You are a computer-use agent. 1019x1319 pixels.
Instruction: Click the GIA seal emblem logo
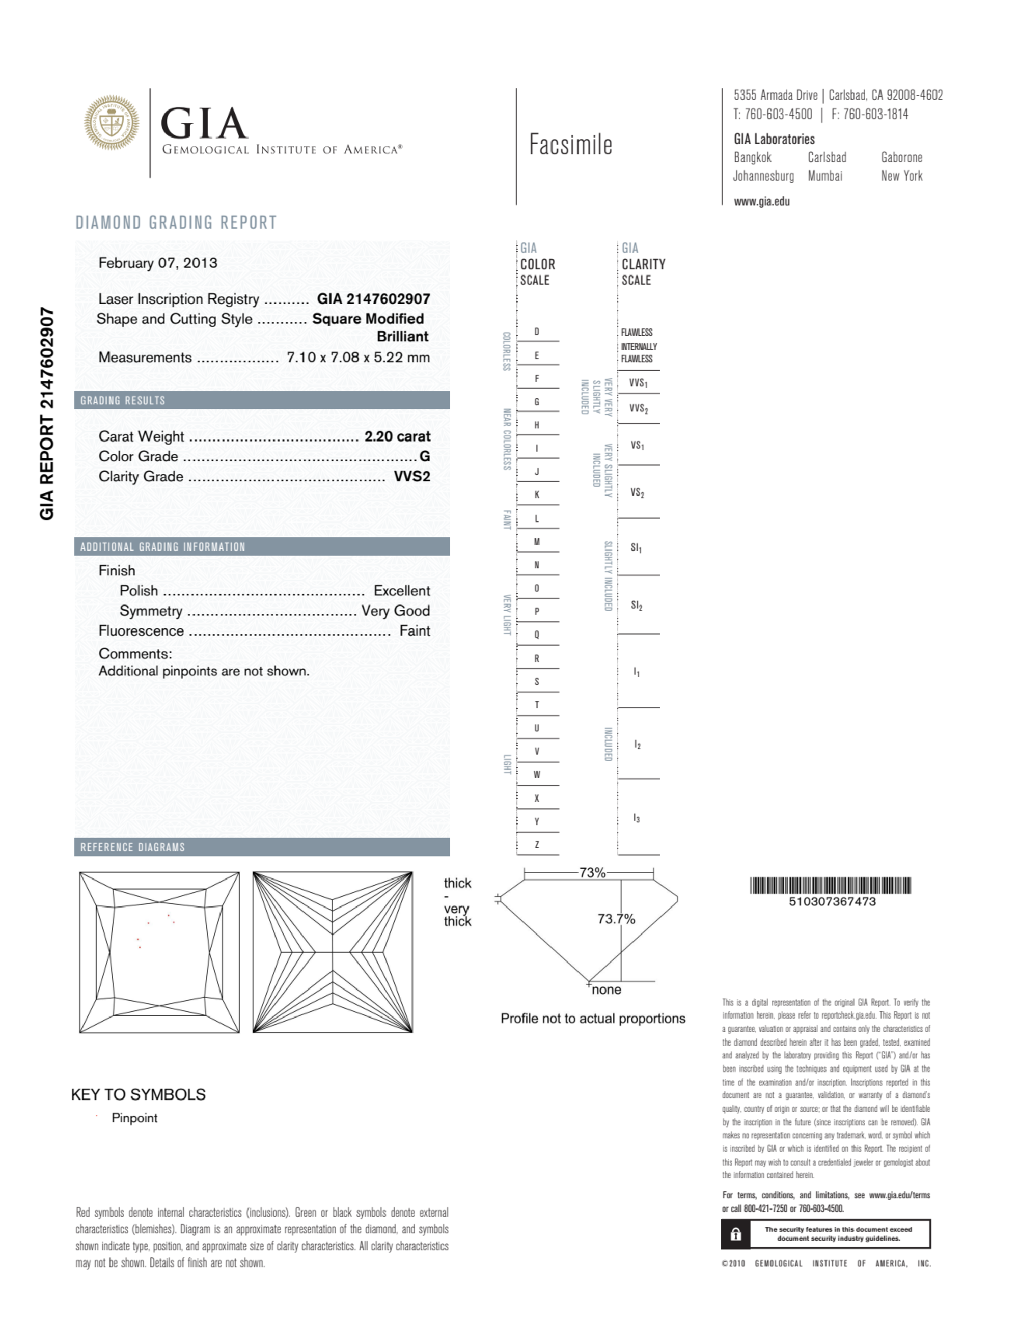click(x=111, y=123)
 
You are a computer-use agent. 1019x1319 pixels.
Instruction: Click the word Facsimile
click(x=570, y=145)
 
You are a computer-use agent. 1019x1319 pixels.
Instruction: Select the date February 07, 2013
click(x=158, y=263)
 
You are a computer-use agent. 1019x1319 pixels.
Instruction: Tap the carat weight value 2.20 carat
click(x=397, y=436)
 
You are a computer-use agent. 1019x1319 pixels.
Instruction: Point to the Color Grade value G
click(x=425, y=457)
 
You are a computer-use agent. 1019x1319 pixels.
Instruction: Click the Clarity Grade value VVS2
click(x=412, y=477)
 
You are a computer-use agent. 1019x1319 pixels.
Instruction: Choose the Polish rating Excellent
click(x=402, y=591)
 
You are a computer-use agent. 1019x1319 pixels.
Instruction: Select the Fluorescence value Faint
click(x=415, y=630)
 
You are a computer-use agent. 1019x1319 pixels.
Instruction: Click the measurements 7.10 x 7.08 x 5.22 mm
click(x=358, y=357)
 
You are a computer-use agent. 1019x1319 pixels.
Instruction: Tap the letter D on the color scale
click(x=536, y=332)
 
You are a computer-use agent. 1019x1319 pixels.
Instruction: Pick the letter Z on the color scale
click(x=536, y=844)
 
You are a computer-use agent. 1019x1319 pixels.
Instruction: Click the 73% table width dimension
click(x=592, y=873)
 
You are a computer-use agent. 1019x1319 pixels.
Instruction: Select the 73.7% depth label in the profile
click(x=616, y=919)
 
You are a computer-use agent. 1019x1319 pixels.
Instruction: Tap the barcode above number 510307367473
click(x=831, y=886)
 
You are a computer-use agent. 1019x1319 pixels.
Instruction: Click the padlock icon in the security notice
click(x=736, y=1234)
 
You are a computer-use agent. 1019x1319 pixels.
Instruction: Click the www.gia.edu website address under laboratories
click(x=762, y=202)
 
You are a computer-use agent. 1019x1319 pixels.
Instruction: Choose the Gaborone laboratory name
click(x=901, y=158)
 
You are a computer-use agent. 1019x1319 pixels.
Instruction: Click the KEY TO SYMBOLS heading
click(x=139, y=1094)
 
